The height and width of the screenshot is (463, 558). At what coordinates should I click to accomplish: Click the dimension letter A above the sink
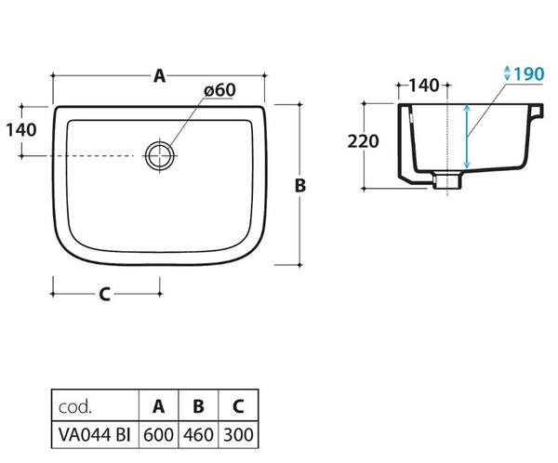coord(159,76)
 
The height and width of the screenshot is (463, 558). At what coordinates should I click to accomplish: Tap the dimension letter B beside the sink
coord(300,185)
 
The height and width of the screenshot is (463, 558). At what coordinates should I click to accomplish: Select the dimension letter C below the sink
coord(104,295)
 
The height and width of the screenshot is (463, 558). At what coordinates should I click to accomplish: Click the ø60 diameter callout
coord(219,90)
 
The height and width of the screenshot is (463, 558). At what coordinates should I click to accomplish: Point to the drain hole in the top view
coord(160,155)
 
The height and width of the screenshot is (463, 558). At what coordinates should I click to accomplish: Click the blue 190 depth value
coord(529,74)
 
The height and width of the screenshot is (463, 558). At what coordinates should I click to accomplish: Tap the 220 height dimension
coord(363,141)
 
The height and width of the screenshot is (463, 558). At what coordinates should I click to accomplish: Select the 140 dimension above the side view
coord(424,86)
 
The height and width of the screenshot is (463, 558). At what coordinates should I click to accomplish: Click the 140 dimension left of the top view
coord(21,130)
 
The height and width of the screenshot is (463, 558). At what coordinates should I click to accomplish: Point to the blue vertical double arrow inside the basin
coord(467,137)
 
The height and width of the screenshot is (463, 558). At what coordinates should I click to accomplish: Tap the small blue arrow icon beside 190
coord(507,73)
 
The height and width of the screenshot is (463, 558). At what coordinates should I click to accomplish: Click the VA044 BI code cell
coord(95,434)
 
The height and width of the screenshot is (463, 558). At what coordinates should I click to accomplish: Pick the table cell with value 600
coord(158,434)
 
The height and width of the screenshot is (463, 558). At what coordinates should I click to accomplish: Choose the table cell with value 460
coord(198,434)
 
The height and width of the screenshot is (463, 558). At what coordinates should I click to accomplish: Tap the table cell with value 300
coord(238,434)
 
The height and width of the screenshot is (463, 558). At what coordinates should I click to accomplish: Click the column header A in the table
coord(158,405)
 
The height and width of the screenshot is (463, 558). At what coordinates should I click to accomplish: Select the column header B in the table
coord(198,405)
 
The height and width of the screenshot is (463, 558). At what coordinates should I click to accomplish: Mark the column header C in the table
coord(238,405)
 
